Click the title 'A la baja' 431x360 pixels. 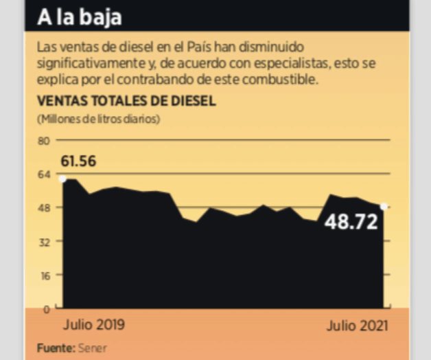[80, 16]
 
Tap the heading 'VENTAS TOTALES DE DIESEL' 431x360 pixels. [126, 101]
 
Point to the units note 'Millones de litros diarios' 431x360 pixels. [98, 119]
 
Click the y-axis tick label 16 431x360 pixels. [45, 275]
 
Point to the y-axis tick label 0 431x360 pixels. [47, 308]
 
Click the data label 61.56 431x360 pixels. [78, 162]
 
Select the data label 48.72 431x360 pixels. [351, 222]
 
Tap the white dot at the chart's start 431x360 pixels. [62, 179]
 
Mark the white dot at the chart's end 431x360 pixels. [384, 206]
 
